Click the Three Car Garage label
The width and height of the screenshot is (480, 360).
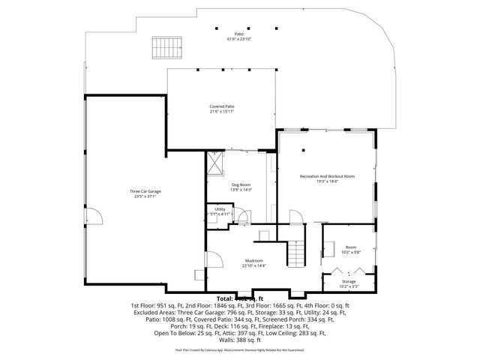(145, 191)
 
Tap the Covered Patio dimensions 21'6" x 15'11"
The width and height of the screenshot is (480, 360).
(222, 111)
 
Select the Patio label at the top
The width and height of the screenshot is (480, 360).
(239, 34)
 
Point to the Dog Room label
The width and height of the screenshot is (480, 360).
(240, 184)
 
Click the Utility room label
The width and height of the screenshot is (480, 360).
(220, 208)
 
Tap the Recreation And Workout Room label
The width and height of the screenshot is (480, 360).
(327, 175)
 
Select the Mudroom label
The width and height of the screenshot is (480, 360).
(254, 260)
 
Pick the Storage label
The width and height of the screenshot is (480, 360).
(349, 281)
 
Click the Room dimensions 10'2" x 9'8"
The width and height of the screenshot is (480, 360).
(350, 252)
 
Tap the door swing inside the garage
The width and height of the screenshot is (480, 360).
(96, 217)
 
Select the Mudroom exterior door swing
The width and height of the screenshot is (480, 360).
(212, 260)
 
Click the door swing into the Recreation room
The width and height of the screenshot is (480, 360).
(296, 217)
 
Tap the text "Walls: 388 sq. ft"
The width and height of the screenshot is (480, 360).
(239, 339)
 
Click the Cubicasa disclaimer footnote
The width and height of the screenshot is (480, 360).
(240, 349)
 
